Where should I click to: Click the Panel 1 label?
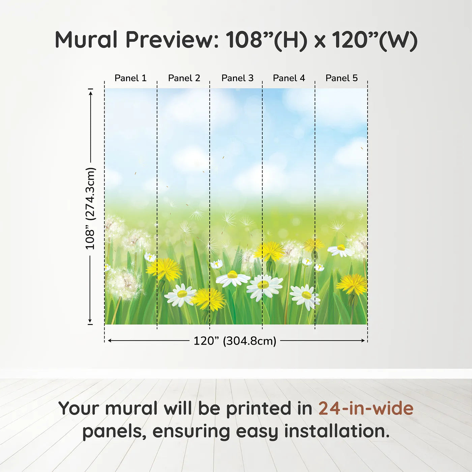pos(130,78)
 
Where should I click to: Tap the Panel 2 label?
pos(184,78)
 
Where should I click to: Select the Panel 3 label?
pos(237,78)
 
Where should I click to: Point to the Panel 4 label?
pos(289,78)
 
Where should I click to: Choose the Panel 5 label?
pos(342,78)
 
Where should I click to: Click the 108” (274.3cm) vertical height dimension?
pos(90,208)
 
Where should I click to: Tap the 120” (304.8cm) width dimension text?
pos(235,341)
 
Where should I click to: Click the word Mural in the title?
pos(86,39)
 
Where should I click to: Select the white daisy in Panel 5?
pos(340,250)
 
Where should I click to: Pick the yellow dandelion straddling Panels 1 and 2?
pos(164,269)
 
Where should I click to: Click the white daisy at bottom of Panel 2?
pos(180,295)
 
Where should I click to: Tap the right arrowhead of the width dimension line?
pos(363,341)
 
